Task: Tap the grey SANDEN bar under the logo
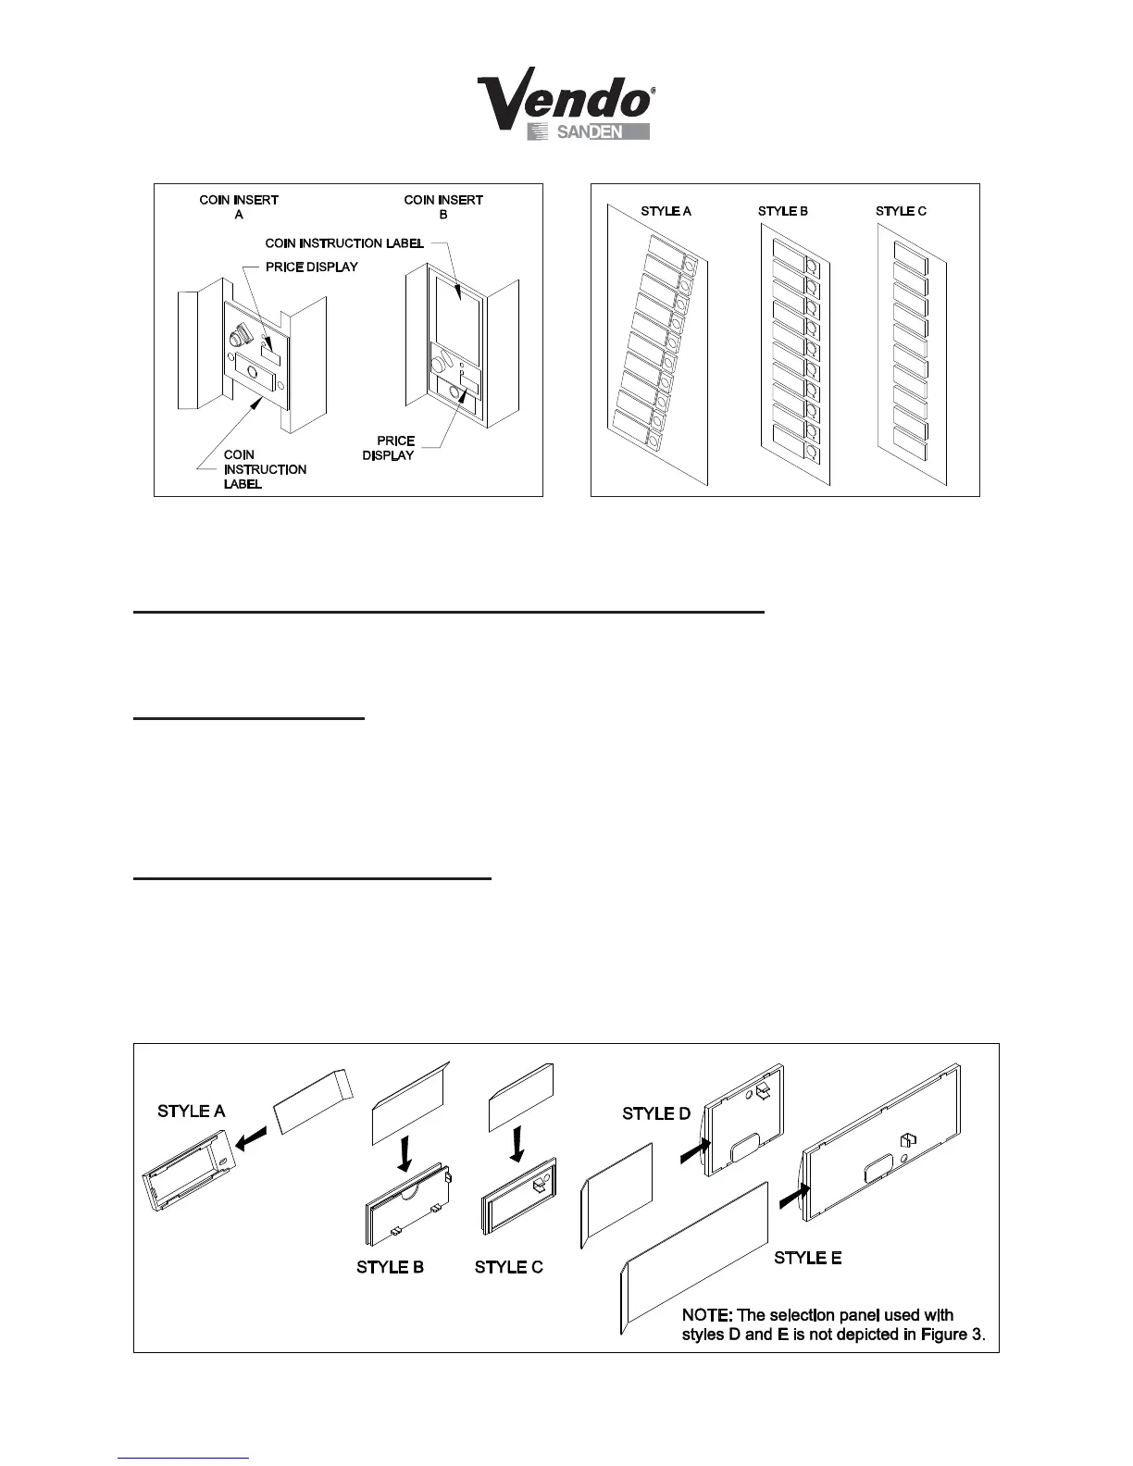[589, 131]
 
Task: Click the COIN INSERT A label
[239, 206]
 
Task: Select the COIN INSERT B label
[443, 206]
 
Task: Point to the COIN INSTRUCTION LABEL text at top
[344, 243]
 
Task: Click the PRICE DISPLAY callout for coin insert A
[311, 267]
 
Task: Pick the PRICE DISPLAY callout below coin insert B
[390, 448]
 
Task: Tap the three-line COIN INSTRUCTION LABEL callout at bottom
[265, 469]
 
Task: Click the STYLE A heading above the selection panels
[666, 211]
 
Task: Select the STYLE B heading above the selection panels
[783, 211]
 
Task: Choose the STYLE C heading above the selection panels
[901, 211]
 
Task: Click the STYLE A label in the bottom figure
[192, 1111]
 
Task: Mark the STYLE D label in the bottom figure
[656, 1113]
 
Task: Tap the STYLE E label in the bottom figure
[808, 1258]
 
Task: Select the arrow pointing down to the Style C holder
[518, 1145]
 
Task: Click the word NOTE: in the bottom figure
[707, 1315]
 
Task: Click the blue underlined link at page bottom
[183, 1458]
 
